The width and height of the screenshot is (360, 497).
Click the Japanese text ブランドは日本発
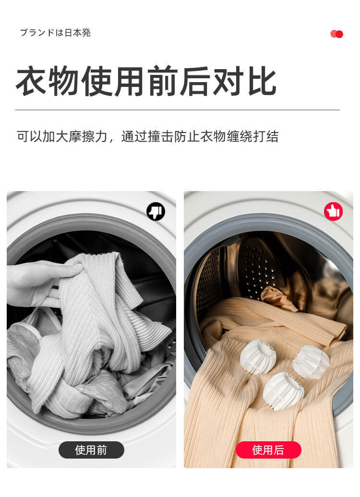56,33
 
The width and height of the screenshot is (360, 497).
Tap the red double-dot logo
336,34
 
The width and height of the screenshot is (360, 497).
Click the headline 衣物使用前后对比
146,81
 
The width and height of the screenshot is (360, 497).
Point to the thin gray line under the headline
178,110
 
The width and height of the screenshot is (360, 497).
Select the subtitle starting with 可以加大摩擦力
148,136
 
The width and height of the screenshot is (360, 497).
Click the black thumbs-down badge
156,211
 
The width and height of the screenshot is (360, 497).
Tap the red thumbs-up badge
334,211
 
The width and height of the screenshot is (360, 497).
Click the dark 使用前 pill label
91,450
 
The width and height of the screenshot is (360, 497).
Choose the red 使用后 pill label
268,450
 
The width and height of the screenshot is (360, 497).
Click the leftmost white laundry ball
258,357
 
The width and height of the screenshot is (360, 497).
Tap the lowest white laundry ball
283,391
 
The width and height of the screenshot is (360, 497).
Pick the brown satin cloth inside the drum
279,298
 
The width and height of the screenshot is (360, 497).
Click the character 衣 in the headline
32,81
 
